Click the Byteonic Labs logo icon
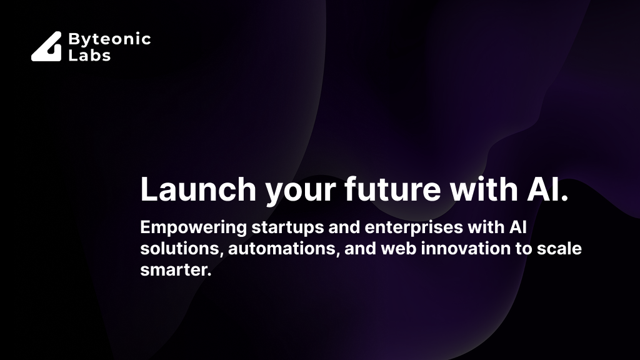pyautogui.click(x=46, y=46)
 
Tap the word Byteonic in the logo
pyautogui.click(x=110, y=39)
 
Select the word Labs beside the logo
pyautogui.click(x=89, y=55)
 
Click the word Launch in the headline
pyautogui.click(x=198, y=189)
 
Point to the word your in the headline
pyautogui.click(x=301, y=192)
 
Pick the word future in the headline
pyautogui.click(x=392, y=189)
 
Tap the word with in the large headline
pyautogui.click(x=484, y=189)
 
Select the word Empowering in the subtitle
pyautogui.click(x=194, y=227)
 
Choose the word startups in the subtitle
pyautogui.click(x=287, y=228)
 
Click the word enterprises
pyautogui.click(x=414, y=228)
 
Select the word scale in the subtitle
pyautogui.click(x=559, y=249)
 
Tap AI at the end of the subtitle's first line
pyautogui.click(x=518, y=227)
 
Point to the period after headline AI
pyautogui.click(x=564, y=198)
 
